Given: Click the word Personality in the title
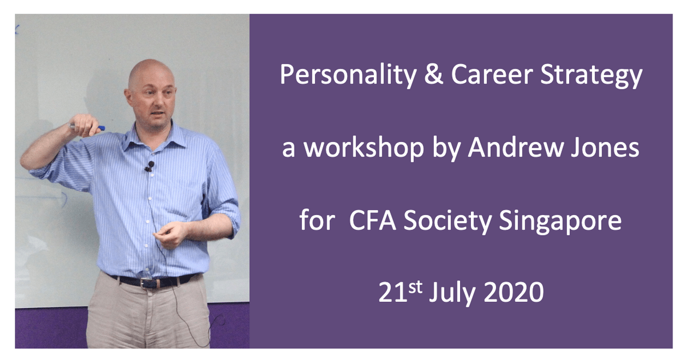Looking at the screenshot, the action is pyautogui.click(x=348, y=75).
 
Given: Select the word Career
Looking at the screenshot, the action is pyautogui.click(x=492, y=75).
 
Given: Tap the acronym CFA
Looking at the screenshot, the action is pyautogui.click(x=372, y=220).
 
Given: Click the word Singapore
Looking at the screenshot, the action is pyautogui.click(x=560, y=221).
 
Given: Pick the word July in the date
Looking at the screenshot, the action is pyautogui.click(x=452, y=293).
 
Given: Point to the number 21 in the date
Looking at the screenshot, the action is pyautogui.click(x=393, y=292).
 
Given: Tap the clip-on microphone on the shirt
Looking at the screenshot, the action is pyautogui.click(x=150, y=166).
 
